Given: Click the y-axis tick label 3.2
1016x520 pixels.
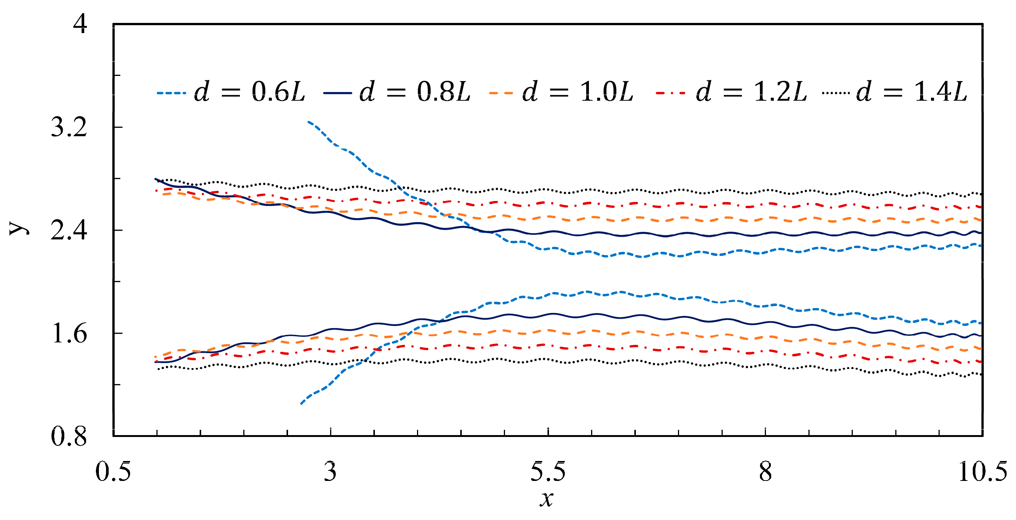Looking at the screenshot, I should pos(69,127).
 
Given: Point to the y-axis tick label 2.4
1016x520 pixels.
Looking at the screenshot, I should pos(69,230).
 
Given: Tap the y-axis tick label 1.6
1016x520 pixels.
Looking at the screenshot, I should pos(69,334).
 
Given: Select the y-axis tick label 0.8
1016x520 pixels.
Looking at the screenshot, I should pos(69,437).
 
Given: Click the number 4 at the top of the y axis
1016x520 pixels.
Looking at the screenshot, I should pos(80,24).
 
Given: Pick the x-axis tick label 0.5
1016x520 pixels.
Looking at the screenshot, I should pos(113,472).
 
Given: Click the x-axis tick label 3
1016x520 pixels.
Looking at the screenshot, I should pos(330,472).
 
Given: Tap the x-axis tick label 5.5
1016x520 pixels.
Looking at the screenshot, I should pos(547,472).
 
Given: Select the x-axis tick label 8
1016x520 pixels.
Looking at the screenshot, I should pos(765,472).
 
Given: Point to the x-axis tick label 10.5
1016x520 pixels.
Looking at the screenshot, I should pos(982,472).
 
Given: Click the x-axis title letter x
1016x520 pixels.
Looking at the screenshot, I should pos(547,499).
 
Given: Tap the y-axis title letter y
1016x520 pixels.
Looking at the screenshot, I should pos(19,228).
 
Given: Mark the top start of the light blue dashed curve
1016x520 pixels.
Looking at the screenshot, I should pos(308,122).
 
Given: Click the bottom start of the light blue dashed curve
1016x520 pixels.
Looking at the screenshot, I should pos(301,404).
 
